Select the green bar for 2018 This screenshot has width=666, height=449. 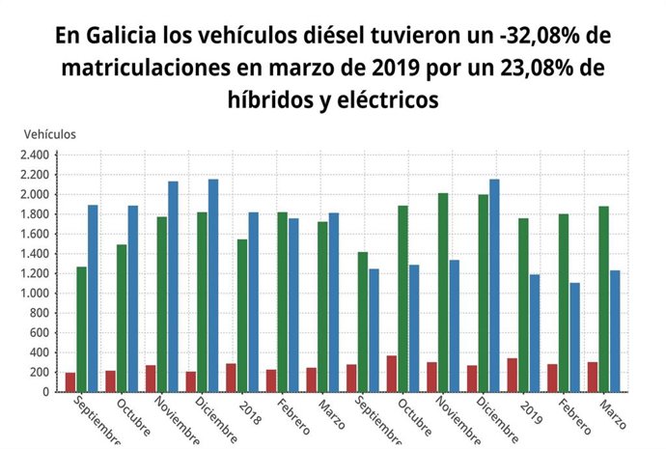pos(241,316)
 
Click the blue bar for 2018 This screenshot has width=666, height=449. pos(253,302)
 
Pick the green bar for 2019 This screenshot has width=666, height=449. pos(522,305)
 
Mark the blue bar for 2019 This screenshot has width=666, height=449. pos(534,333)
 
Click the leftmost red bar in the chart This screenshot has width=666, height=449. pos(69,382)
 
